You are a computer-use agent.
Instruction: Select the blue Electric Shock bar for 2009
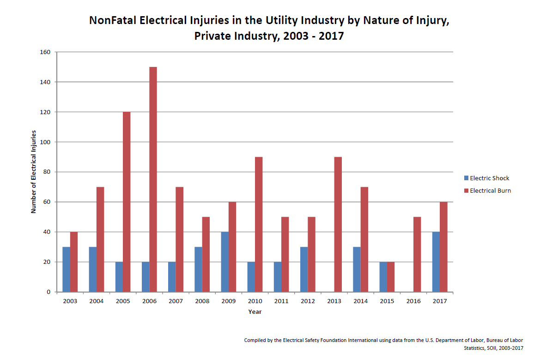[x=225, y=262]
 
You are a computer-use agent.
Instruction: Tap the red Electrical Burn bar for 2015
[x=391, y=277]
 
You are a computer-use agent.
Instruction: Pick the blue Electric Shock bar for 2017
[x=436, y=262]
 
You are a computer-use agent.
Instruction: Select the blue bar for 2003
[x=67, y=269]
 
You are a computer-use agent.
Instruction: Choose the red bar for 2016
[x=417, y=254]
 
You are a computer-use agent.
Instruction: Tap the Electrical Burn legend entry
[x=490, y=190]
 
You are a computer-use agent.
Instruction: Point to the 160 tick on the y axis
[x=45, y=52]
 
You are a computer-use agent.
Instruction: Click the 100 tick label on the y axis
[x=45, y=142]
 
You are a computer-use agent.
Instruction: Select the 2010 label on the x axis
[x=255, y=301]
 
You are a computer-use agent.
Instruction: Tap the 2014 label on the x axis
[x=360, y=301]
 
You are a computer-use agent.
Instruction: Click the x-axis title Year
[x=255, y=312]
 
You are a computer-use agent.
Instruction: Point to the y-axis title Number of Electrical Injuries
[x=33, y=172]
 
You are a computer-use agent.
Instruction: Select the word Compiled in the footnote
[x=255, y=340]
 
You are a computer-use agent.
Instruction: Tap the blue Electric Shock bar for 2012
[x=304, y=269]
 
